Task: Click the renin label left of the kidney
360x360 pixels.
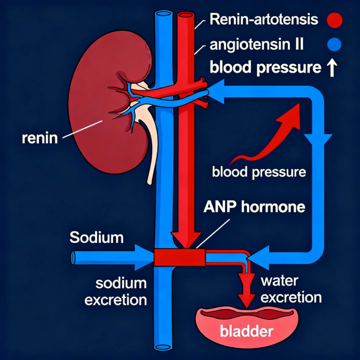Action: [39, 138]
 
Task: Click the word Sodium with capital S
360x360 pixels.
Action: [97, 238]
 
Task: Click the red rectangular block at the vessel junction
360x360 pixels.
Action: [180, 257]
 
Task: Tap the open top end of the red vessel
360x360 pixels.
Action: [186, 16]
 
